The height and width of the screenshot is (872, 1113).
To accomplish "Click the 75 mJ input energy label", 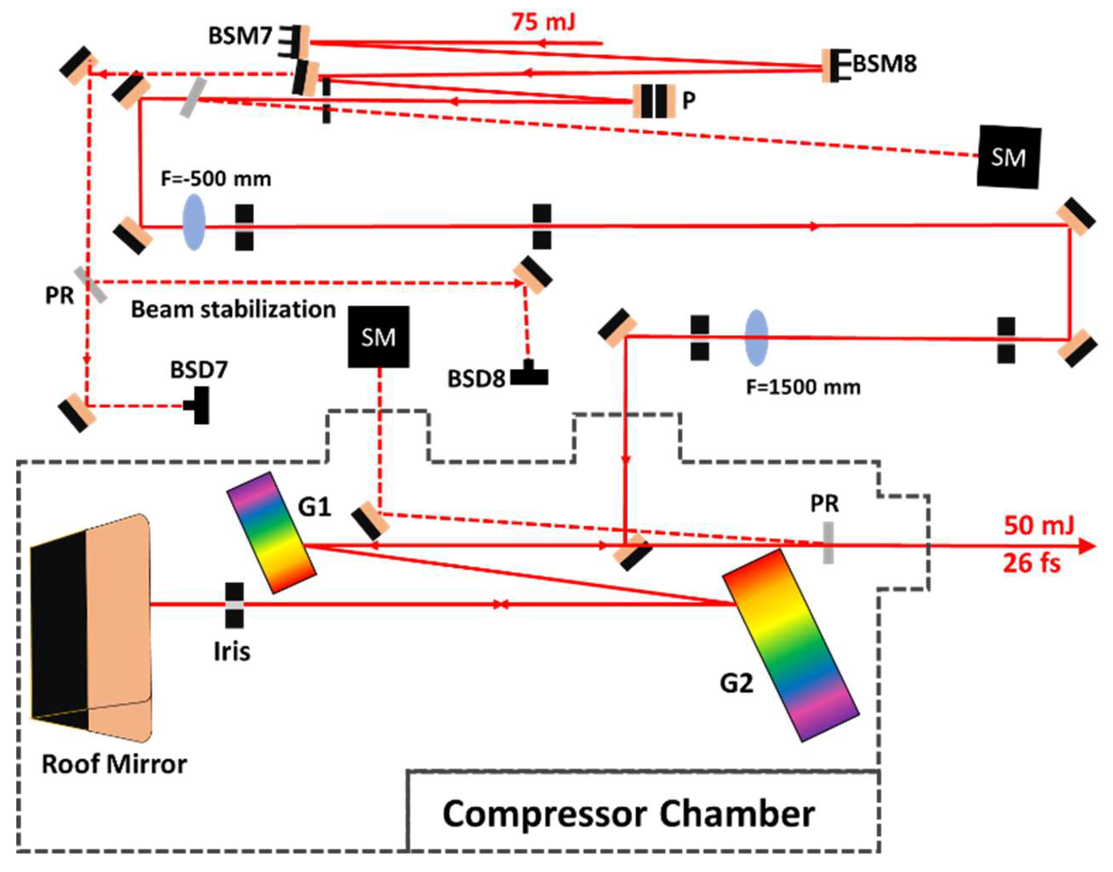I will (x=544, y=22).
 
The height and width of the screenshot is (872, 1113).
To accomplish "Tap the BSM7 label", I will (x=240, y=36).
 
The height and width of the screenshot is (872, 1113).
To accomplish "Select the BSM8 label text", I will (x=885, y=64).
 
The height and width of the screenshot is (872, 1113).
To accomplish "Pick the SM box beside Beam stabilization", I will (x=378, y=337).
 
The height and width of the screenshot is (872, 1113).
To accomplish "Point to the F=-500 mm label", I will (x=216, y=179).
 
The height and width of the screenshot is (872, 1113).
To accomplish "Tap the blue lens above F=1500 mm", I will (x=756, y=338).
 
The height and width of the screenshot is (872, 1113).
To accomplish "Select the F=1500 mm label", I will (x=803, y=387).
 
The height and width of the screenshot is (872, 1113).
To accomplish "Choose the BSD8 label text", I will (x=476, y=379).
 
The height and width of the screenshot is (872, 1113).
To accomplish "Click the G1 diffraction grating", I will (x=272, y=532).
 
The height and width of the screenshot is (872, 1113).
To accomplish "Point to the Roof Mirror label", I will (x=114, y=764).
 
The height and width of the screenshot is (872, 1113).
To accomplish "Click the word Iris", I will (x=232, y=652).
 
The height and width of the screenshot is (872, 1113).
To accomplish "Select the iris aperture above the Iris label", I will (x=234, y=605).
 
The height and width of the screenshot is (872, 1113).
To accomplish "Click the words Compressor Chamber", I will (x=628, y=814).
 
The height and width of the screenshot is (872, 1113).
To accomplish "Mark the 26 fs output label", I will (x=1032, y=564).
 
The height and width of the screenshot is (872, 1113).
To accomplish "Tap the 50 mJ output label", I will (x=1038, y=526).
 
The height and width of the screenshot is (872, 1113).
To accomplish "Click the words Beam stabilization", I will (x=233, y=310).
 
